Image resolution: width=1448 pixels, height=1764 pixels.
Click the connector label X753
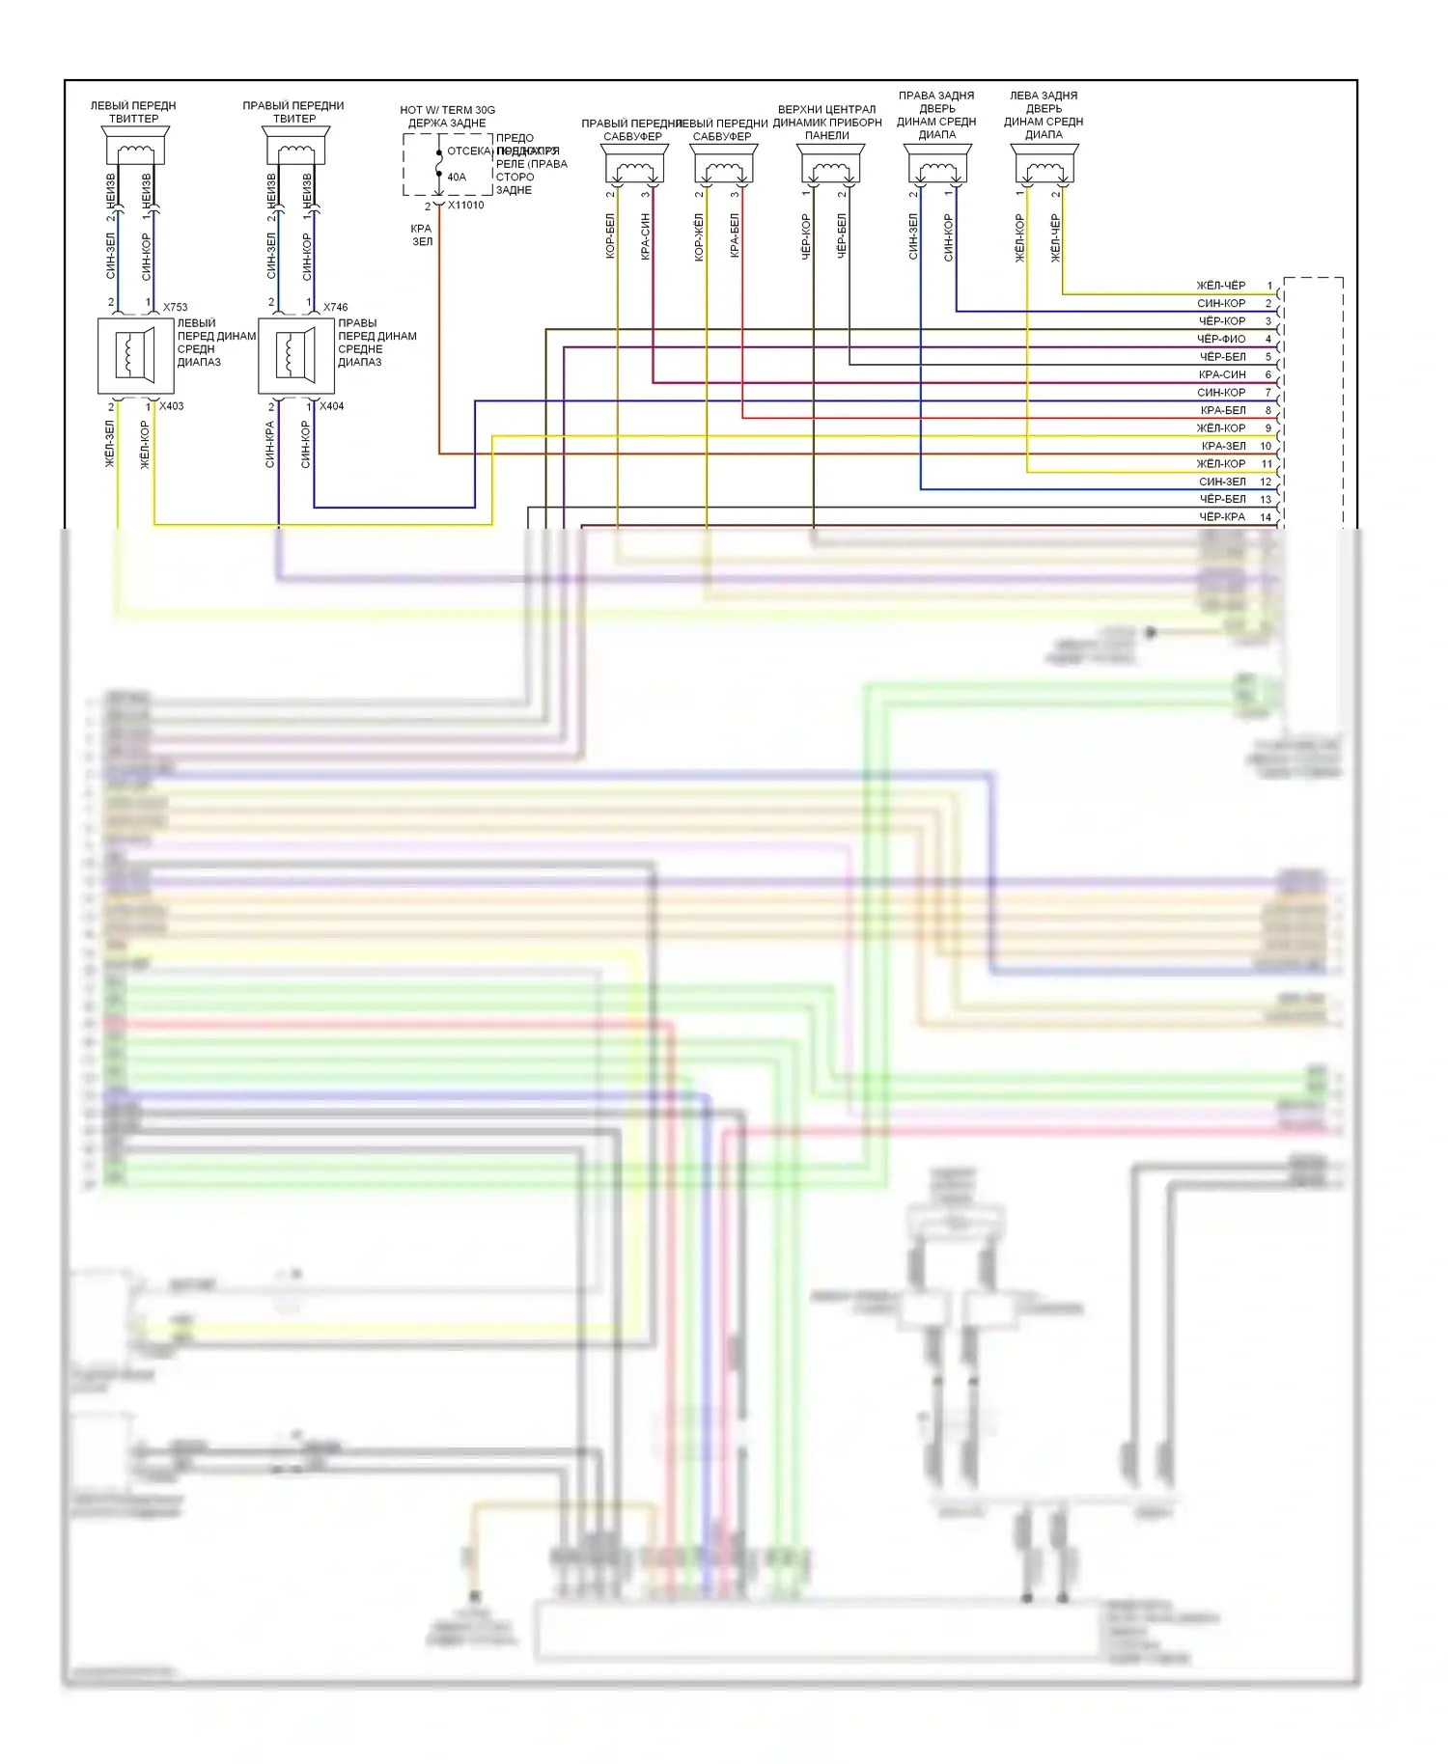click(x=175, y=307)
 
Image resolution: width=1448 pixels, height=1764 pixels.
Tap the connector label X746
click(x=335, y=307)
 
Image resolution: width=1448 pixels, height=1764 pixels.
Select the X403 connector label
click(x=171, y=406)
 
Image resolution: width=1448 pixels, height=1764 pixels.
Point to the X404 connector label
click(x=331, y=406)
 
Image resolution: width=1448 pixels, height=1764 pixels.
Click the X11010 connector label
click(x=465, y=206)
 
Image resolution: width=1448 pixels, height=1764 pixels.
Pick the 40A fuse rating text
click(x=457, y=178)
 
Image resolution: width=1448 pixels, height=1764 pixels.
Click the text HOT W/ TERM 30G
click(x=447, y=110)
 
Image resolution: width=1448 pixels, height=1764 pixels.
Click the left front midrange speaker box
click(x=135, y=356)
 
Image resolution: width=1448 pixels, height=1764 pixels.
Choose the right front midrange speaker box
click(x=296, y=356)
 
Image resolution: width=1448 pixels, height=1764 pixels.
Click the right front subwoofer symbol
click(x=633, y=166)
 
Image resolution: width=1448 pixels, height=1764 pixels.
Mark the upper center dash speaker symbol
click(x=830, y=166)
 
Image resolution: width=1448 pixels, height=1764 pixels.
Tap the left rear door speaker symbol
click(x=1044, y=166)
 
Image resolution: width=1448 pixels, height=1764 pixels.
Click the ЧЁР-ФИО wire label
click(x=1221, y=339)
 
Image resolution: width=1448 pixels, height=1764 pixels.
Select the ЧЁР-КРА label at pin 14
click(x=1222, y=517)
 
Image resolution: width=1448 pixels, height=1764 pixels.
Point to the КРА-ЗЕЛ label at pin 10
click(x=1223, y=446)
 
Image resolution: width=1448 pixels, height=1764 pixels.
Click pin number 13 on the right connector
click(x=1266, y=499)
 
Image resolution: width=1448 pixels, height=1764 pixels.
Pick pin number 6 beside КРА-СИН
click(x=1268, y=374)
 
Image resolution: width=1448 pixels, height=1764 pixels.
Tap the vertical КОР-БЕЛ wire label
click(x=610, y=236)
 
